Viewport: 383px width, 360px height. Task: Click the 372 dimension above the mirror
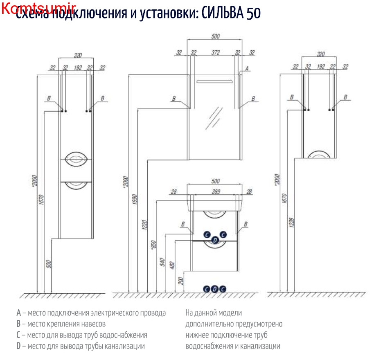click(216, 52)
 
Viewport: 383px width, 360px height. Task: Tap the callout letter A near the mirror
click(247, 69)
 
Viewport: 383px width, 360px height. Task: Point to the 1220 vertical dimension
click(144, 226)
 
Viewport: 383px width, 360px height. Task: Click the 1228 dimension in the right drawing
click(291, 225)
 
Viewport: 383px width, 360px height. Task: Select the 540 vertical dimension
click(162, 262)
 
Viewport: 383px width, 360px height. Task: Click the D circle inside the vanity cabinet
click(215, 241)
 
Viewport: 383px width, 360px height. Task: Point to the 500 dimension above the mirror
click(216, 36)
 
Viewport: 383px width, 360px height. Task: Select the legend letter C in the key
click(18, 335)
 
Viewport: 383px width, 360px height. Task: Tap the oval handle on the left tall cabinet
click(76, 158)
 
